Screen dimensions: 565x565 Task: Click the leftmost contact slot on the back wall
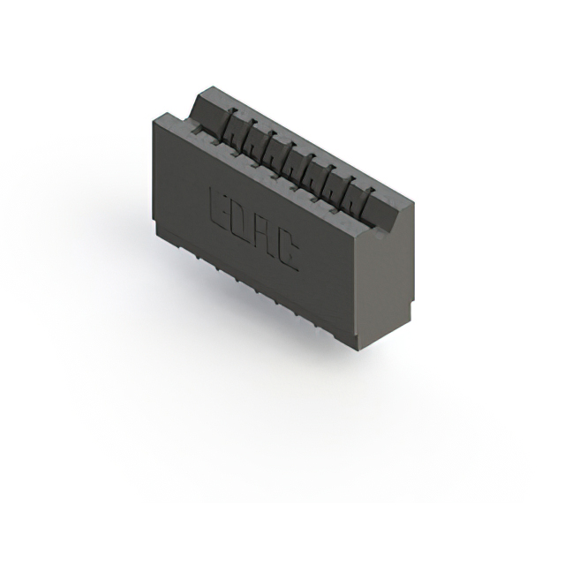pos(228,126)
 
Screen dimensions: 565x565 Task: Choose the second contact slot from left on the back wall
pos(249,138)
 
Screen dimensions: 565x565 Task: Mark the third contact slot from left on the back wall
pos(268,148)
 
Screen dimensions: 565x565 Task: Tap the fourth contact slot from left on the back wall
pos(289,159)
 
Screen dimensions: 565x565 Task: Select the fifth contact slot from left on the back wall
pos(309,170)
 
